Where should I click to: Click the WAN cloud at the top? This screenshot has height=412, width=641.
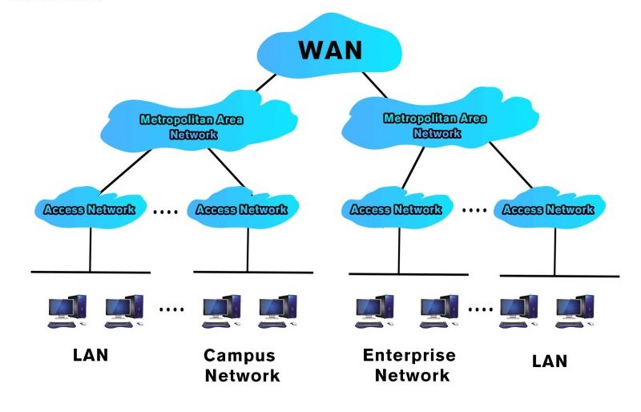point(329,50)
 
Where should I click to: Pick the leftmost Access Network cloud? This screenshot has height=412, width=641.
point(90,209)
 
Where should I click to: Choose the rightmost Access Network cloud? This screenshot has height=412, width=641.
point(549,209)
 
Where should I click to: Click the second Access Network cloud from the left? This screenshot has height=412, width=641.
point(241,209)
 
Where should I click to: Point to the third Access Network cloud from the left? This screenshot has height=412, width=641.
point(396,209)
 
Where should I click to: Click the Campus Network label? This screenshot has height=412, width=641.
point(240,365)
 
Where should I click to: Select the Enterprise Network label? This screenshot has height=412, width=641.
point(409,365)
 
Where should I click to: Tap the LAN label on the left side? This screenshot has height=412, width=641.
point(90,354)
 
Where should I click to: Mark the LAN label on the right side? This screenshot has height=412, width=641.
point(549,361)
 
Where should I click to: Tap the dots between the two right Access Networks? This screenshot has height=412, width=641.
point(474,211)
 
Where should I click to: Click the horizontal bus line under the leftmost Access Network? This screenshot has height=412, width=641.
point(90,272)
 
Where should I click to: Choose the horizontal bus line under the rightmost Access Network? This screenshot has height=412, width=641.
point(558,276)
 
